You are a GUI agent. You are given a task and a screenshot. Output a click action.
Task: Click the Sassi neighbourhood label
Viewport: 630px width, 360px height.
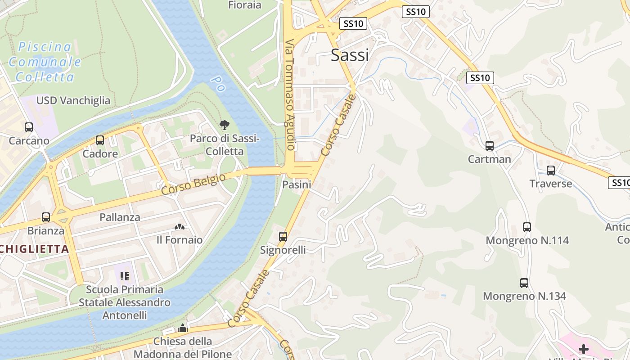pyautogui.click(x=350, y=55)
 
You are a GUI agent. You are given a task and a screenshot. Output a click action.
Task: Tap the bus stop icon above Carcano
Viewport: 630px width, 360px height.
pyautogui.click(x=29, y=127)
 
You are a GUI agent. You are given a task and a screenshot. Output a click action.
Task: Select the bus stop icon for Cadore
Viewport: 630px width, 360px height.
pyautogui.click(x=100, y=140)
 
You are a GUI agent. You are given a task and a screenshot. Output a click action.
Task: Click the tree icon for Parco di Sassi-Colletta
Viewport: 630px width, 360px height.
pyautogui.click(x=224, y=125)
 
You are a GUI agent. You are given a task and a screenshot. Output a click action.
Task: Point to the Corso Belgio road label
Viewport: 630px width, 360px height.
pyautogui.click(x=193, y=184)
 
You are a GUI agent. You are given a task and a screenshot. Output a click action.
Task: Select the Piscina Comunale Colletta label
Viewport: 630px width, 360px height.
pyautogui.click(x=45, y=62)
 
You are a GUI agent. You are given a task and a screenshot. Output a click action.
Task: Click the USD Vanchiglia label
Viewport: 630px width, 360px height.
pyautogui.click(x=73, y=100)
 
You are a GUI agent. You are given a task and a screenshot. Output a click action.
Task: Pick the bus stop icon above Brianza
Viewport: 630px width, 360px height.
pyautogui.click(x=46, y=217)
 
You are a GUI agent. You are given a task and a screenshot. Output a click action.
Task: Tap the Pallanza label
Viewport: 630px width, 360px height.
pyautogui.click(x=120, y=217)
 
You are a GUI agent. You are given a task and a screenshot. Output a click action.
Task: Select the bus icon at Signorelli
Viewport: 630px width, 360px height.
pyautogui.click(x=283, y=236)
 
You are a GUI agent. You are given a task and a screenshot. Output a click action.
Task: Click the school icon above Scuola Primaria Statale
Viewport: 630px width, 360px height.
pyautogui.click(x=125, y=276)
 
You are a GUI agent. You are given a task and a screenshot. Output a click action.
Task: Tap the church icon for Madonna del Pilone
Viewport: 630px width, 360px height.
pyautogui.click(x=182, y=328)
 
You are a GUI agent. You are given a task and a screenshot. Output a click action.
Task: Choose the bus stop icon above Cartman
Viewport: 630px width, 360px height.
pyautogui.click(x=490, y=146)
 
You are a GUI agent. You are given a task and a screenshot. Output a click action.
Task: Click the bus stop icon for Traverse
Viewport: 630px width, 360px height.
pyautogui.click(x=551, y=171)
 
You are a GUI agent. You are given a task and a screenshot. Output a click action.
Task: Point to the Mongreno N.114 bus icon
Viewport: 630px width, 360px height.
pyautogui.click(x=527, y=227)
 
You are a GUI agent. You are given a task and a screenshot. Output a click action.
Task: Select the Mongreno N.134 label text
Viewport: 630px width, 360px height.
pyautogui.click(x=524, y=297)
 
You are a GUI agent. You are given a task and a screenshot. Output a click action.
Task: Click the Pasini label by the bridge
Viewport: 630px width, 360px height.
pyautogui.click(x=297, y=184)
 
